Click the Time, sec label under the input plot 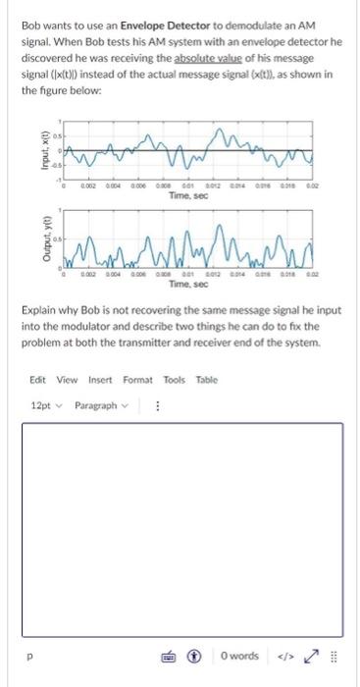click(185, 196)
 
